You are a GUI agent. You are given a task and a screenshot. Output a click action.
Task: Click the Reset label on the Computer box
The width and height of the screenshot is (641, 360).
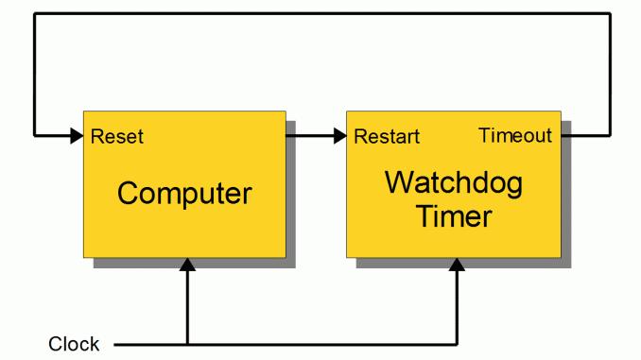point(117,137)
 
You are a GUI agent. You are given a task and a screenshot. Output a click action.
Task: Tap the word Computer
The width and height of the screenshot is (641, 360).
point(184,194)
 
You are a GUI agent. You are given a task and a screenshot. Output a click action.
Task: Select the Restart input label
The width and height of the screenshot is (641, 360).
point(387,137)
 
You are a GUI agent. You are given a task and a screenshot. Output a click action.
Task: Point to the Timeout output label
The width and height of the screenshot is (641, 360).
point(515,136)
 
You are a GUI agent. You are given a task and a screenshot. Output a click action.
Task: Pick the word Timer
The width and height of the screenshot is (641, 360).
point(454,216)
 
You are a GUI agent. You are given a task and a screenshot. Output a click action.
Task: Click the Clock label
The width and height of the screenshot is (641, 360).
point(74,343)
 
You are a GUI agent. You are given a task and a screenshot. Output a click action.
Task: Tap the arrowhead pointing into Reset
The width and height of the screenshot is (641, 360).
point(76,136)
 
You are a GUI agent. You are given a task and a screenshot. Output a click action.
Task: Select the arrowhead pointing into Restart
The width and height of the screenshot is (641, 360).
point(339,136)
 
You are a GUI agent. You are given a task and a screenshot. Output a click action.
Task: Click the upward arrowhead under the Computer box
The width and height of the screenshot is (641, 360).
point(187,266)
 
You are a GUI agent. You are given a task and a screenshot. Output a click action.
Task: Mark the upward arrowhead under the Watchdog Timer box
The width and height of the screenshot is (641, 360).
point(457,266)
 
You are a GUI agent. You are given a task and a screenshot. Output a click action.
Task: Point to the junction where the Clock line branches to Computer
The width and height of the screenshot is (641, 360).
point(187,343)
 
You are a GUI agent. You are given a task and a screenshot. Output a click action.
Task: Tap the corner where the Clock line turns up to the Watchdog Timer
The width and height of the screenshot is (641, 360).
point(457,343)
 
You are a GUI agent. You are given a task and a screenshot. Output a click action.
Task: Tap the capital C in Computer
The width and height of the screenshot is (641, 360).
point(129,194)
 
